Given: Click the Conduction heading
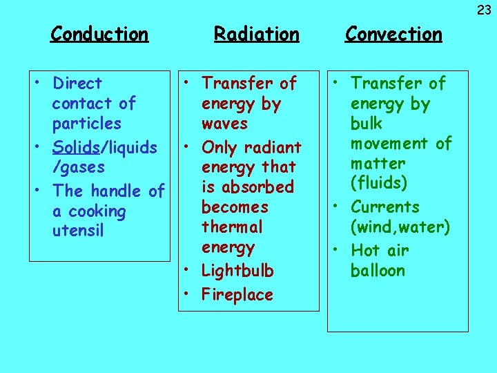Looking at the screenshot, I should point(99,34).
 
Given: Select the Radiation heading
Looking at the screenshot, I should point(256,34).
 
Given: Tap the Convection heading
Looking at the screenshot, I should point(393,34).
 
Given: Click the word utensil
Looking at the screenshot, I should point(78,231).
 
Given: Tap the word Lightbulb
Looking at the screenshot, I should point(237,271).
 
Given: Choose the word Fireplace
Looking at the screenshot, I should point(237,295).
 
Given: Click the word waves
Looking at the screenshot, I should point(224,124).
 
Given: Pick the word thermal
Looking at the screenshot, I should point(232,227).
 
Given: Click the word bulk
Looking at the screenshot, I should point(366,124).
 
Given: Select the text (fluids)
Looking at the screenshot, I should point(378,184).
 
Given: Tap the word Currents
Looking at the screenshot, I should point(385,207).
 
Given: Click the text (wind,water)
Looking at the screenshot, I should point(400,227).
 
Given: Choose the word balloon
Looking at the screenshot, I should point(378,270).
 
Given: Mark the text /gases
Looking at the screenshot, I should point(79,166).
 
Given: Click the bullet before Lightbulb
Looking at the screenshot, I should point(188,271).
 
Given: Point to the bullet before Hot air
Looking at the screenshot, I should point(337,250).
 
